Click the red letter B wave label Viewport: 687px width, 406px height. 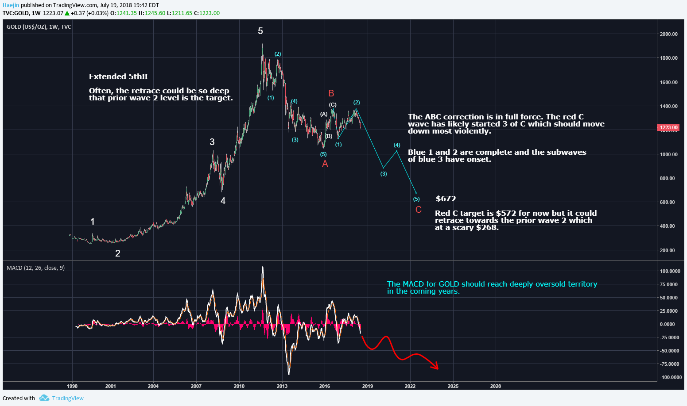point(331,93)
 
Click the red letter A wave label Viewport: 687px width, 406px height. point(325,164)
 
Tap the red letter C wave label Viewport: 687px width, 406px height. point(418,210)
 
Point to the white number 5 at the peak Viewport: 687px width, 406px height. point(260,31)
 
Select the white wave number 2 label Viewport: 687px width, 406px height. point(117,253)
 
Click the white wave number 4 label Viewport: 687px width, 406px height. point(223,201)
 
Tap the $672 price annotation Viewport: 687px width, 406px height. point(446,199)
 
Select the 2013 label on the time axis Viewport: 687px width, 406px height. point(282,386)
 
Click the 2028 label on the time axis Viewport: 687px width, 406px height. point(496,386)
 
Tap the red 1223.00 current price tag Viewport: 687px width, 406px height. point(668,127)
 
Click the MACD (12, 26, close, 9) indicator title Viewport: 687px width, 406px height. point(35,268)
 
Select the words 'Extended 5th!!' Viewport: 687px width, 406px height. point(118,77)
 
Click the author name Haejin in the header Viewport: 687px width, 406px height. point(11,5)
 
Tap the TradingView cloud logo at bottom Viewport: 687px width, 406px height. point(44,398)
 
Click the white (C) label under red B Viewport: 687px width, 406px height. point(333,105)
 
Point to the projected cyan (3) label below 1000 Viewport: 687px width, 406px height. point(384,174)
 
